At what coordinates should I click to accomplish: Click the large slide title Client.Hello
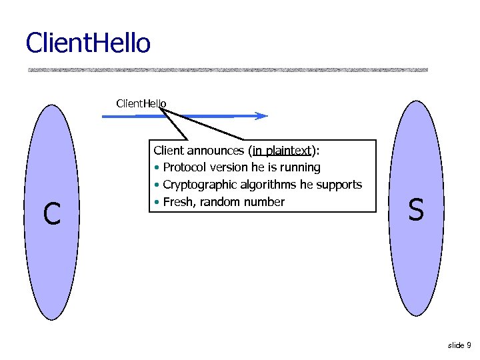[88, 43]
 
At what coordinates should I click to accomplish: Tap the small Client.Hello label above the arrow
[141, 103]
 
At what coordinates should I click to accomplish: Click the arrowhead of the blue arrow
[262, 116]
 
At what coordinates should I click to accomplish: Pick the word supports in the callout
[340, 185]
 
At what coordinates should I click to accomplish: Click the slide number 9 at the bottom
[469, 345]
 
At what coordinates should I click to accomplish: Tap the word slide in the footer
[456, 345]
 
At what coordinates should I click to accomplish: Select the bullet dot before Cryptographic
[156, 185]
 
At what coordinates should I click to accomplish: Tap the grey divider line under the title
[227, 69]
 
